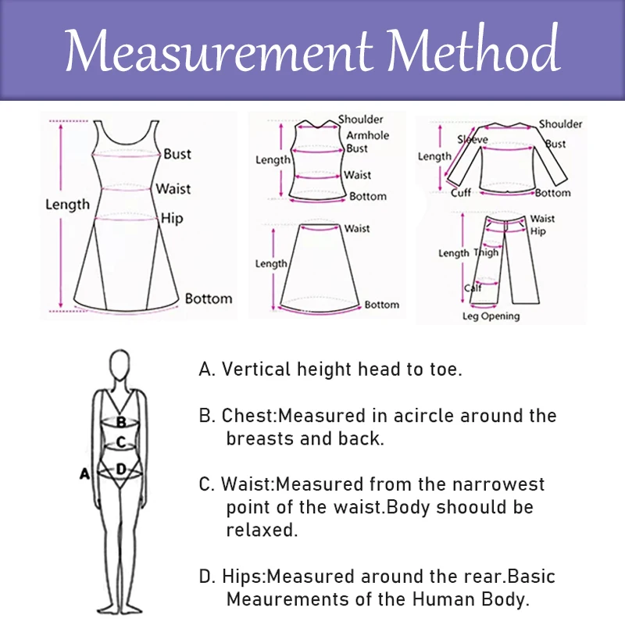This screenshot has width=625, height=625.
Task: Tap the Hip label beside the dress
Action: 172,219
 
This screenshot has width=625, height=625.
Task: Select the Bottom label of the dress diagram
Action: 209,298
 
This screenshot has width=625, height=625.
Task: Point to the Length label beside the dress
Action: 67,205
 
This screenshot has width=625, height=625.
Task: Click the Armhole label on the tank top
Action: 367,135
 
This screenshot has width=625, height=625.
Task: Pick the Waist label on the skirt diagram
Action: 357,228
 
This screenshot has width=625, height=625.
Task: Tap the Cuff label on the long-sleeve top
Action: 461,193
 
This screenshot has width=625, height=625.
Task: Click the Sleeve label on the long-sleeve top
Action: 473,140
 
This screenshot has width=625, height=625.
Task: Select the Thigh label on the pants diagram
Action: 486,252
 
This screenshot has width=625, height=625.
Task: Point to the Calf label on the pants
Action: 473,287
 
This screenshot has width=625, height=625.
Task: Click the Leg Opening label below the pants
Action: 491,316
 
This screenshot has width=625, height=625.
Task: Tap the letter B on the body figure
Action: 121,422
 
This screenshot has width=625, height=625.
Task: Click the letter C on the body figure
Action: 120,442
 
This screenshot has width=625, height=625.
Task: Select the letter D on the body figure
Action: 121,469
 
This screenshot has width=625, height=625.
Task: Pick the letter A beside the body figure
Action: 85,473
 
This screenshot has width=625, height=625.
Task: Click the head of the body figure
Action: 120,366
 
